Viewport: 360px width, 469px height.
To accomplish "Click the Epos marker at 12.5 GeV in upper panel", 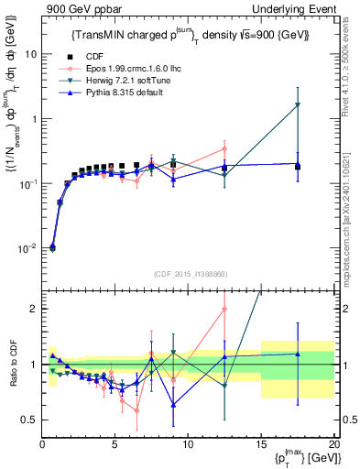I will [x=224, y=148].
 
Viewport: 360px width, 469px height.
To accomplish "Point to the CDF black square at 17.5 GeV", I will [x=298, y=167].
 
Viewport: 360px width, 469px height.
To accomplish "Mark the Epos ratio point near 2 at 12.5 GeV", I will [x=224, y=309].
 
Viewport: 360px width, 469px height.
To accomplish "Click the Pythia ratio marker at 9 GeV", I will [x=173, y=404].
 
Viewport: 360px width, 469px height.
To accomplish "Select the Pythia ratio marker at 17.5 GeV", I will [x=298, y=354].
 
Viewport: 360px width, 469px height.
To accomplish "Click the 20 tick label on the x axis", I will [x=333, y=445].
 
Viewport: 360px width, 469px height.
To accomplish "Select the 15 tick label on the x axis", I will [x=260, y=445].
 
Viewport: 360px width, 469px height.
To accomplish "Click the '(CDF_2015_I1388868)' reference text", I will [x=188, y=275].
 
